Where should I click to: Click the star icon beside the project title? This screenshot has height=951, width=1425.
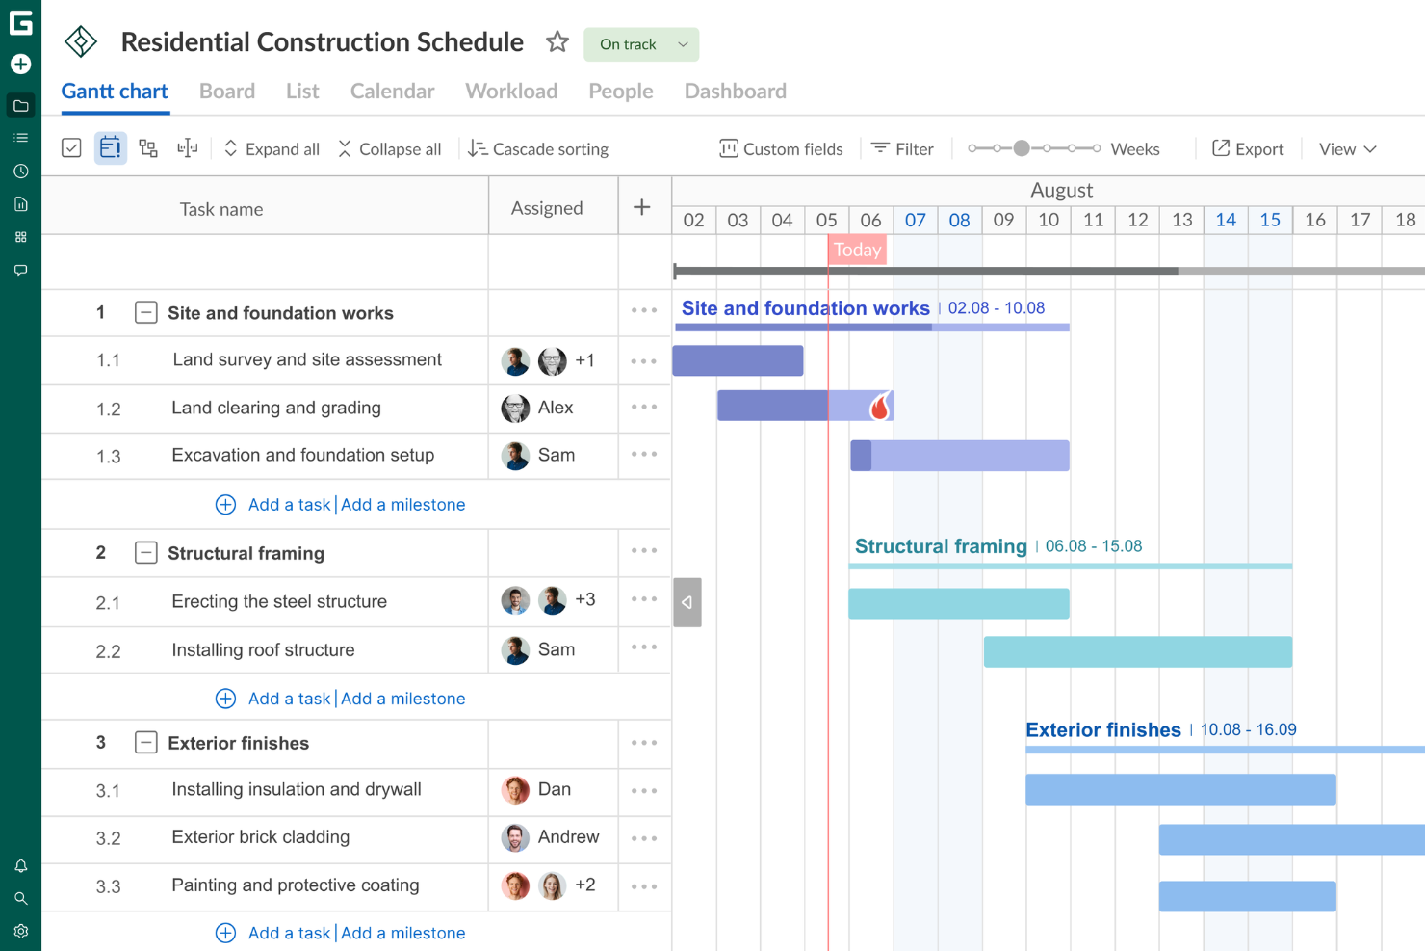click(557, 42)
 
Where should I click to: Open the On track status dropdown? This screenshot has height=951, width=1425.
click(641, 44)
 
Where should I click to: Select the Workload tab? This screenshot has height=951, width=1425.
click(511, 92)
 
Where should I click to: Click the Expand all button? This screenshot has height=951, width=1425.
click(272, 149)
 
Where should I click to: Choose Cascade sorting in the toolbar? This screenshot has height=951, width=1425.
click(538, 149)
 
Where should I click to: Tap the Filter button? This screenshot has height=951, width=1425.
click(902, 149)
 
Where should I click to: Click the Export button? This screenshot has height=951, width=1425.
click(1248, 149)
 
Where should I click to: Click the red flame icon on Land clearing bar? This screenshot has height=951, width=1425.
click(879, 407)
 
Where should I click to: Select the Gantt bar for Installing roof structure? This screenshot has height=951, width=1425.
click(1137, 652)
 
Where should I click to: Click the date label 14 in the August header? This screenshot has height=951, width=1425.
click(1226, 220)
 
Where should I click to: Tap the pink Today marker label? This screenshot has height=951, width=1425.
click(857, 251)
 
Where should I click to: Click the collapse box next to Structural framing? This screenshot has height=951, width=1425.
click(145, 553)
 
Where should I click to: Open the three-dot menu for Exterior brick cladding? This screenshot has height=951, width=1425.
click(644, 838)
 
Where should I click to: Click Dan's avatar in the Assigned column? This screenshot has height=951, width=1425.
click(515, 790)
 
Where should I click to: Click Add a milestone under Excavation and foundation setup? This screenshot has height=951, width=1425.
click(402, 505)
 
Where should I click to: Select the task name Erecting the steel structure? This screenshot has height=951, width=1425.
click(279, 602)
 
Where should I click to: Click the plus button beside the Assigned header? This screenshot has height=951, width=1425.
click(642, 207)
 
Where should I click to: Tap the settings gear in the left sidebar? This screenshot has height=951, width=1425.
click(21, 932)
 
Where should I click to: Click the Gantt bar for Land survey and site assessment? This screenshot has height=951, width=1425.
click(738, 360)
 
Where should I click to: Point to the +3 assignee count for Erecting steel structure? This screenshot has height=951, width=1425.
click(584, 600)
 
